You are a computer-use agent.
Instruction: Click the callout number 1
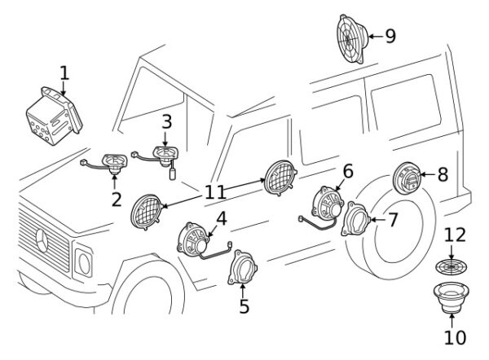[64, 74]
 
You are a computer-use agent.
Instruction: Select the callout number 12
[455, 235]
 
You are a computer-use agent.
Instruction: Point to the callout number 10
[455, 337]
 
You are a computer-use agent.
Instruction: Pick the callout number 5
[244, 307]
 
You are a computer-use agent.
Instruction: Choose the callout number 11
[214, 193]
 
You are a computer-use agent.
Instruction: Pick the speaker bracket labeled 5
[244, 270]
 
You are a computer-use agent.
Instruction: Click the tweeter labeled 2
[114, 162]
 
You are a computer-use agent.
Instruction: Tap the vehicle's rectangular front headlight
[83, 262]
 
